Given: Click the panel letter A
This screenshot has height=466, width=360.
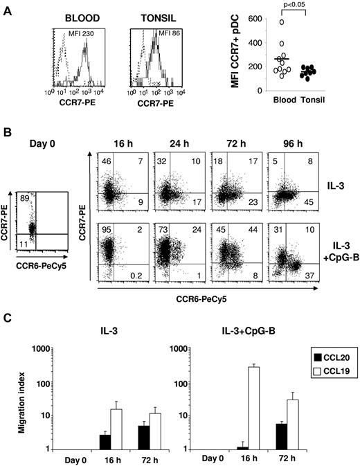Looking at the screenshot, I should pyautogui.click(x=7, y=6).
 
